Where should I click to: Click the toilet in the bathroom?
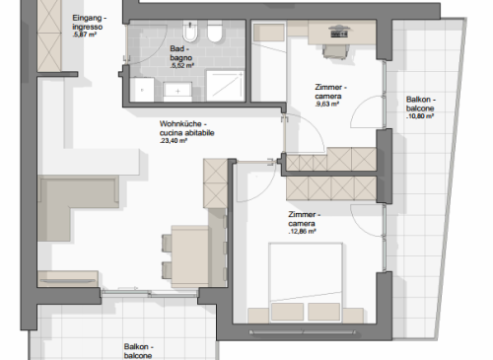click(215, 32)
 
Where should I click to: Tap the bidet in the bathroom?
click(190, 32)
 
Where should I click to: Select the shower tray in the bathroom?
click(226, 86)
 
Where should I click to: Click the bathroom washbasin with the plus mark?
click(177, 92)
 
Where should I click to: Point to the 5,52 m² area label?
click(182, 66)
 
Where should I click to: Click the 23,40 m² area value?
click(174, 141)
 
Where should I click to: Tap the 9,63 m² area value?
click(326, 105)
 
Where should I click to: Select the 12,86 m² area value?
click(302, 232)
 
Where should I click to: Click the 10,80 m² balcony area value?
click(420, 116)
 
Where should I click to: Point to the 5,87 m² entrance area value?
click(85, 35)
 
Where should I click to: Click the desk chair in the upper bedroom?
click(335, 52)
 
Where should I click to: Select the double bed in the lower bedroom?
click(306, 283)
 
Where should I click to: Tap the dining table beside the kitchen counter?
click(190, 255)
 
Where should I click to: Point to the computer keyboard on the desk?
click(339, 34)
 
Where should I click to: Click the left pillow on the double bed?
click(287, 312)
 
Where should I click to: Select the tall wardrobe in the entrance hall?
click(49, 36)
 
